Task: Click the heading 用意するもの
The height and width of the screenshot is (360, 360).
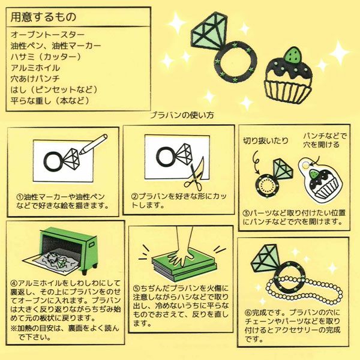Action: tap(43, 17)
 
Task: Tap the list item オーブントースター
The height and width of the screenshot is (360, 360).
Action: tap(47, 35)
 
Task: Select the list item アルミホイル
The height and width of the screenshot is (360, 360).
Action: tap(35, 68)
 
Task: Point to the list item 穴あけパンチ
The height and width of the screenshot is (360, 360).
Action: tap(35, 79)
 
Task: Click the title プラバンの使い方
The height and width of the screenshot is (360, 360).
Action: tap(182, 115)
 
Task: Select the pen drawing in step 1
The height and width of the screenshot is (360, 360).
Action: tap(93, 144)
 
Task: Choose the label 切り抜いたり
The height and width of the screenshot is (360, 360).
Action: tap(265, 140)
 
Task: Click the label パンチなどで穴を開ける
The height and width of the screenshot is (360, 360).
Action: tap(324, 140)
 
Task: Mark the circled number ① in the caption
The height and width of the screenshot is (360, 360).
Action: tap(20, 197)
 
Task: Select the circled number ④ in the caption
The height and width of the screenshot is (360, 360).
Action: tap(14, 283)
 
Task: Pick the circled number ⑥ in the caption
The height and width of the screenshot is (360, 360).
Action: tap(248, 313)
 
